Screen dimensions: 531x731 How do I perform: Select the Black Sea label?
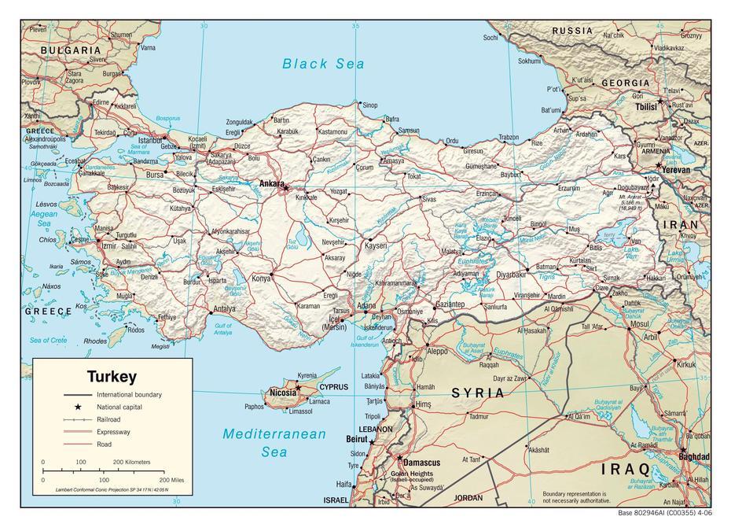tap(324, 64)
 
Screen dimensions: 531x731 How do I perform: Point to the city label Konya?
tap(260, 278)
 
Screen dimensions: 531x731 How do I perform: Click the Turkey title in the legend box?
tap(112, 377)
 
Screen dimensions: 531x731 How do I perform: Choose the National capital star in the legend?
tap(79, 407)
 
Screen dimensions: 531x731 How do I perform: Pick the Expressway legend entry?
tap(113, 433)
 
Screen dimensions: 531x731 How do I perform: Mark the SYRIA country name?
tap(477, 393)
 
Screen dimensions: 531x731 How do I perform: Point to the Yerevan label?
tap(675, 169)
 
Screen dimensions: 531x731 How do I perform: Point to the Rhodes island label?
tap(95, 341)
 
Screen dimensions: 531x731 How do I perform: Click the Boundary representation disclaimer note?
tap(575, 497)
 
